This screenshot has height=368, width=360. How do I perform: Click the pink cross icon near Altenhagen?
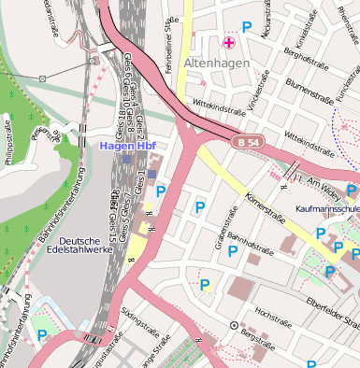pyautogui.click(x=228, y=42)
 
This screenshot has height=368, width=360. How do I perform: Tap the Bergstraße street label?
pyautogui.click(x=257, y=331)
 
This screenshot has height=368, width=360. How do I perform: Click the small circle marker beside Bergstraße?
pyautogui.click(x=234, y=325)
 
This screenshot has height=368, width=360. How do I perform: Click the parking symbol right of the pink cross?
pyautogui.click(x=247, y=28)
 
